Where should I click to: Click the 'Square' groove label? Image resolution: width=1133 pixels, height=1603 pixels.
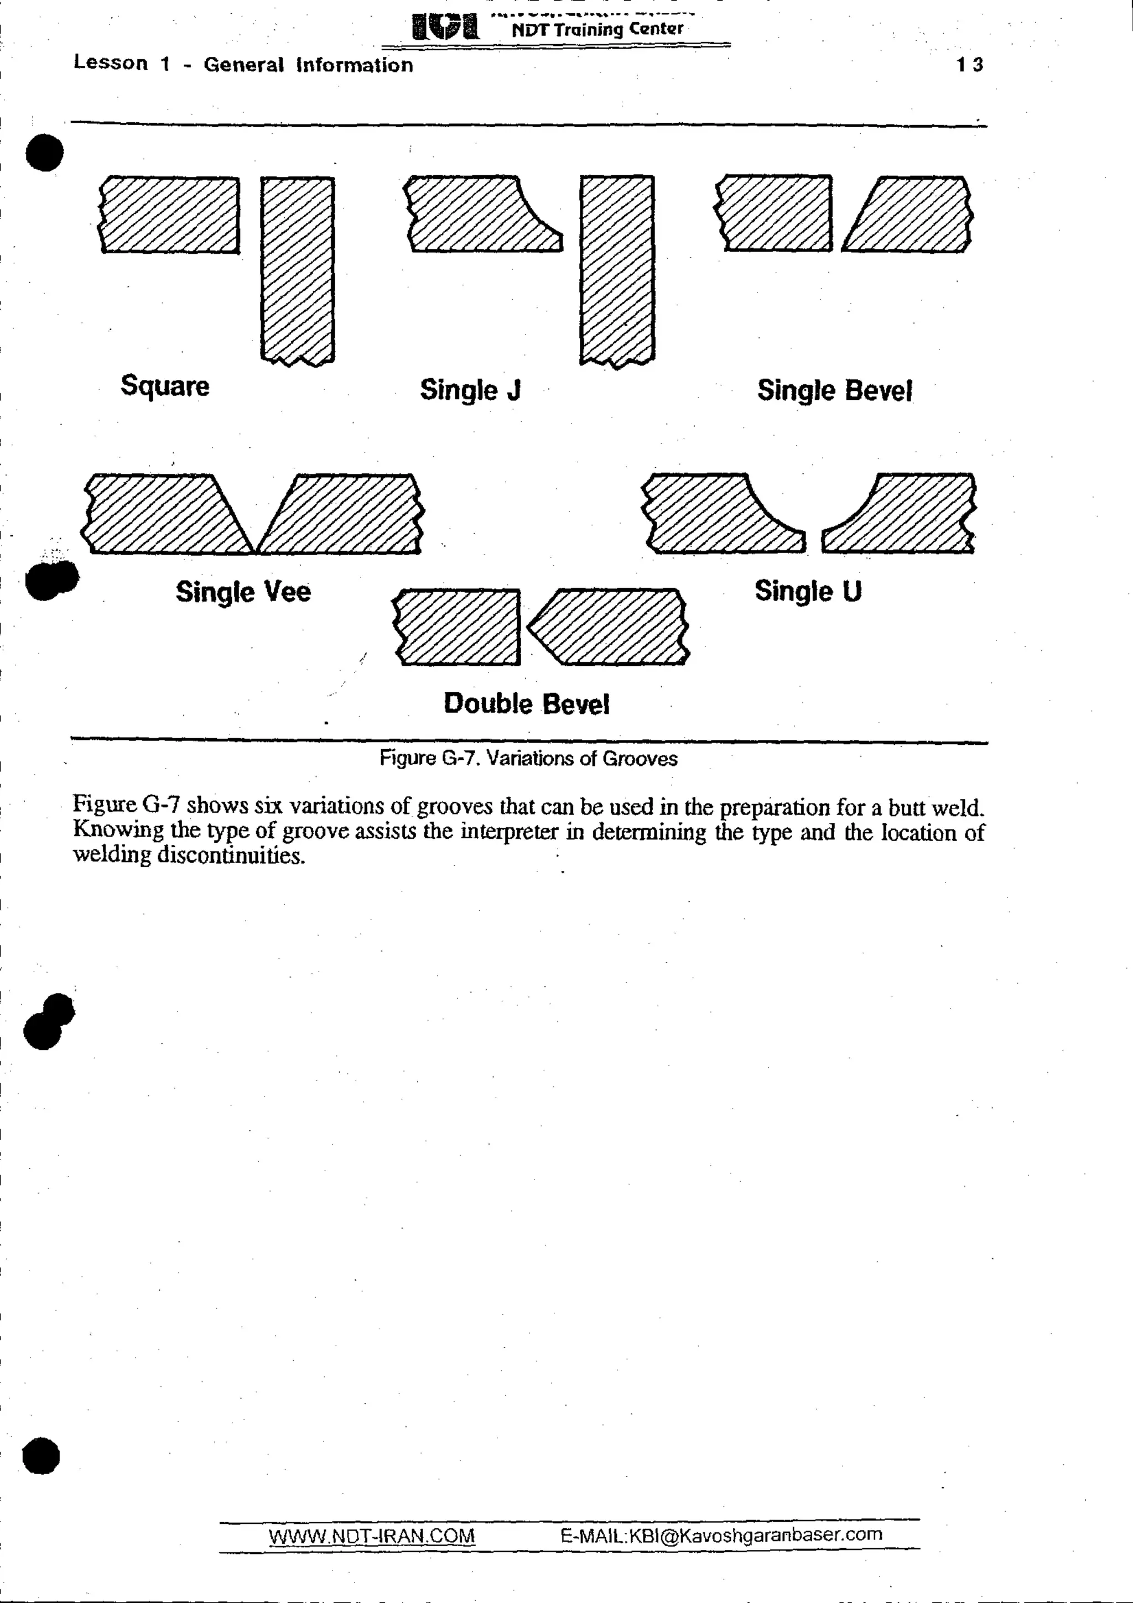pyautogui.click(x=165, y=385)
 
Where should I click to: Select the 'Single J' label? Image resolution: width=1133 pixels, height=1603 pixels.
pyautogui.click(x=470, y=390)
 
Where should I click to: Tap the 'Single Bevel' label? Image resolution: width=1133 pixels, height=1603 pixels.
pyautogui.click(x=835, y=390)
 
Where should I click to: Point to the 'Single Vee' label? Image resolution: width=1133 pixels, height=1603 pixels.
pyautogui.click(x=243, y=591)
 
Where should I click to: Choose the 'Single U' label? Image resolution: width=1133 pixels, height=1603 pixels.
pyautogui.click(x=808, y=591)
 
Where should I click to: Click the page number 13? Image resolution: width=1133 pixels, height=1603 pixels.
pyautogui.click(x=970, y=65)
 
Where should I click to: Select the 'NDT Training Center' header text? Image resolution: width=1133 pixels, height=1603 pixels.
pyautogui.click(x=597, y=29)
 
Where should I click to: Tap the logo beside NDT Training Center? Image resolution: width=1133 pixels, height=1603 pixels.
pyautogui.click(x=445, y=27)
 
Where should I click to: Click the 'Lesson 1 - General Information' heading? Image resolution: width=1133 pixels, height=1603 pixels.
pyautogui.click(x=243, y=64)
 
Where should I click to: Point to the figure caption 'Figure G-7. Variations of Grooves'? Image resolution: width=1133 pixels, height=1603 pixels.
pyautogui.click(x=528, y=758)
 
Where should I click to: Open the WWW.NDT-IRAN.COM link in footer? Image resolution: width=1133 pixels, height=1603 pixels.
pyautogui.click(x=372, y=1536)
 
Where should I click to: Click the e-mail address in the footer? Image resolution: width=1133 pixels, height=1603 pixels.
pyautogui.click(x=721, y=1534)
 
